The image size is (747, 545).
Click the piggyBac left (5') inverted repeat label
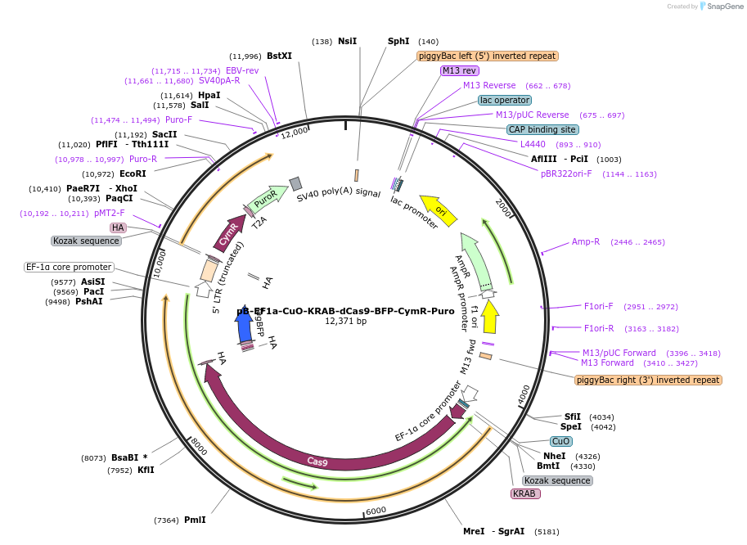point(488,56)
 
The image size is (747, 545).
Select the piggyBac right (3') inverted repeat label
point(649,380)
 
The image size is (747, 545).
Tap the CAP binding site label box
point(542,129)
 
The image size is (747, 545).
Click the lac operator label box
point(505,100)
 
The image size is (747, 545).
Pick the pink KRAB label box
point(524,493)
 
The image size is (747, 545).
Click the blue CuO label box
point(561,441)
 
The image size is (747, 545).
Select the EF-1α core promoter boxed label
point(69,267)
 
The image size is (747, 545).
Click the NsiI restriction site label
point(347,41)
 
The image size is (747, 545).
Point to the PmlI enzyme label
point(195,520)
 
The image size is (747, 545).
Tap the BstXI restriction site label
point(279,56)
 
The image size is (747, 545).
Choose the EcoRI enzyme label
point(132,173)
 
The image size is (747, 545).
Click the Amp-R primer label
point(586,241)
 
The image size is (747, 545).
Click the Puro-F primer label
point(178,119)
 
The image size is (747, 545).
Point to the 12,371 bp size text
point(346,321)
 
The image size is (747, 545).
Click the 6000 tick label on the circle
point(376,511)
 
